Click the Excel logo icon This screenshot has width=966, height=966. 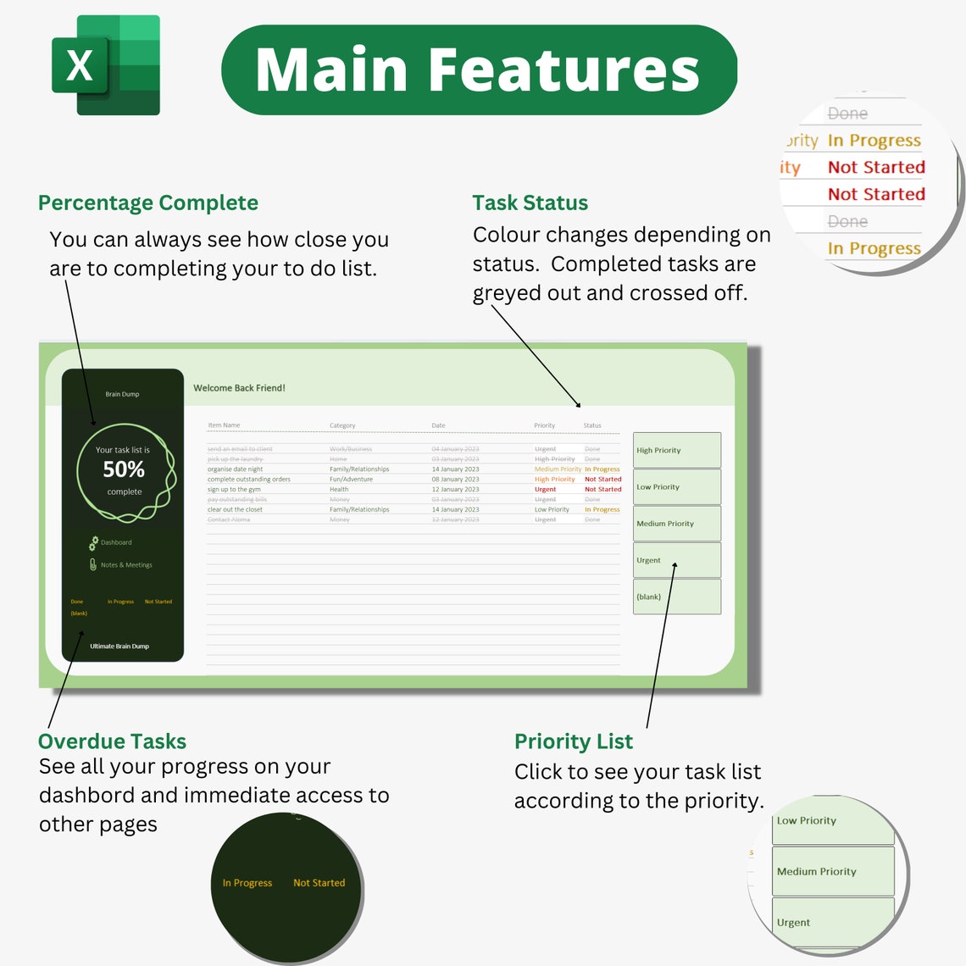pos(105,65)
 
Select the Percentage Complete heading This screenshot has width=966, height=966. pos(147,203)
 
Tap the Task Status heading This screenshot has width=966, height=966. pos(530,203)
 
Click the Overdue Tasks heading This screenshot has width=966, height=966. pos(112,741)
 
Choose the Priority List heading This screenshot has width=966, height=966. pos(573,741)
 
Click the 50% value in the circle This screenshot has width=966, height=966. pos(124,469)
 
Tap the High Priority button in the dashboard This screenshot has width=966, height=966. pos(676,450)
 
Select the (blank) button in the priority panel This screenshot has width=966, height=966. pos(676,597)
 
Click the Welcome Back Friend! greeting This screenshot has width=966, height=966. pos(239,388)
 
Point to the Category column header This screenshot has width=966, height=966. pos(342,425)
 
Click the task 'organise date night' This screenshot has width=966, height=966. pos(235,469)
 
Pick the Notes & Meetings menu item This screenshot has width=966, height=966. pos(125,564)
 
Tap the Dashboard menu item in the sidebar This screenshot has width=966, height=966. pos(115,542)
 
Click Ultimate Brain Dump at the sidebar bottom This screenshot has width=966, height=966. pos(119,646)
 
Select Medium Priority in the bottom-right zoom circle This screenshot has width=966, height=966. pos(816,871)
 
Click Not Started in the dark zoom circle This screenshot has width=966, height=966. pos(319,883)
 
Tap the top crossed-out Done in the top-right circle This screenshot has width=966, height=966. pos(847,114)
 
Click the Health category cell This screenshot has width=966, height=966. pos(339,489)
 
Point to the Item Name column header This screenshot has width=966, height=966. pos(224,425)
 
